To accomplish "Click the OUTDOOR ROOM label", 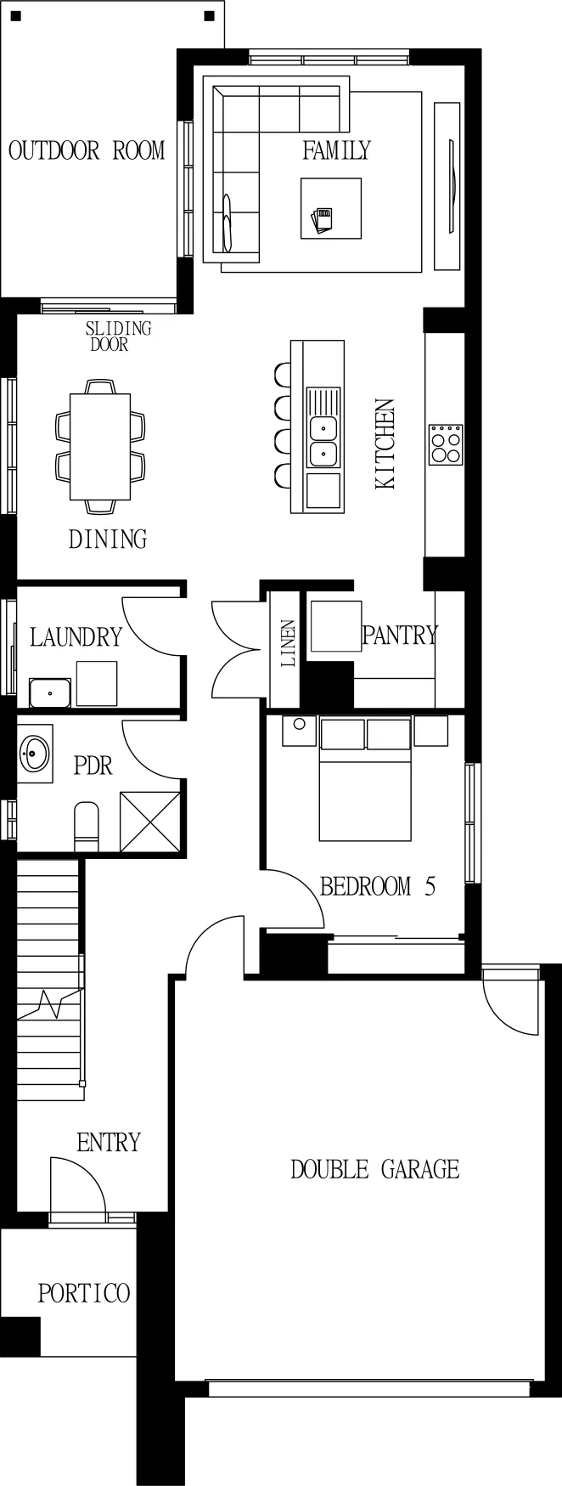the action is [87, 151].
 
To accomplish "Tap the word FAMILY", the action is [337, 150].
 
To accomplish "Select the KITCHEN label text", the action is [385, 444].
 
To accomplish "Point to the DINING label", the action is [108, 539].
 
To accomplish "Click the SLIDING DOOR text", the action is [118, 336].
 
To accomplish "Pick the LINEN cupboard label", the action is [289, 642].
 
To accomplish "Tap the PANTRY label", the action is [400, 635].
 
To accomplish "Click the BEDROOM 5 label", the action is [378, 886].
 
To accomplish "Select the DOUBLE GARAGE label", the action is [375, 1169].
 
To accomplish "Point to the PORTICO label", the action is [84, 1293].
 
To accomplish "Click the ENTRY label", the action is [109, 1143].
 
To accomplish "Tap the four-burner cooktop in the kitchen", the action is [446, 444].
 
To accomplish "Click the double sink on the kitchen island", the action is [323, 441].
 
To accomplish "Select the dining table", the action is [100, 446].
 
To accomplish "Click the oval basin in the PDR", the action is [36, 752].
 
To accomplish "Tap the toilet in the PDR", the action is [87, 826].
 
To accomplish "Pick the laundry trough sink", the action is [49, 692].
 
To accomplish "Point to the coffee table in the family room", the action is [331, 208].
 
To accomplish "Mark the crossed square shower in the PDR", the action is [150, 822].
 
